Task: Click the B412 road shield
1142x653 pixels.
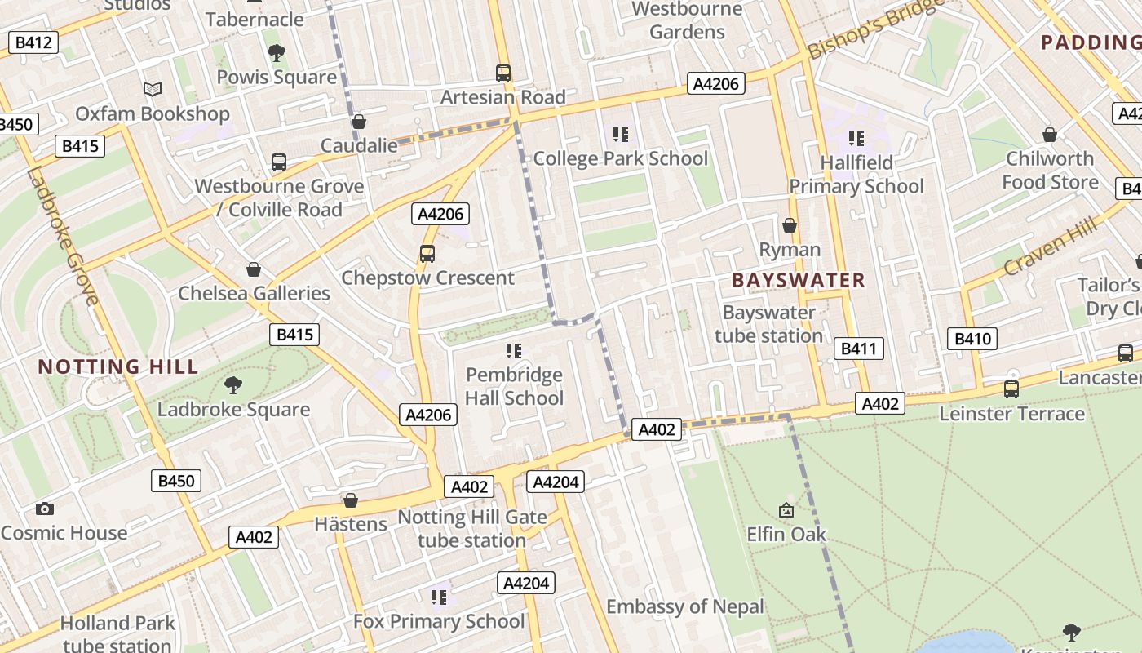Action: point(33,42)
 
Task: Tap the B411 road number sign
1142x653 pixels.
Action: point(858,349)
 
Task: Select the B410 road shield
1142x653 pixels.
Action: point(972,338)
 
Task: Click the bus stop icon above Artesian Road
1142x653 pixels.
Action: point(503,73)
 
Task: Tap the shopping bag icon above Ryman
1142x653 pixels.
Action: point(789,225)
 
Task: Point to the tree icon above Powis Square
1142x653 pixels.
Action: point(277,53)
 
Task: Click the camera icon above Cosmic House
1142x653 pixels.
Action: point(45,509)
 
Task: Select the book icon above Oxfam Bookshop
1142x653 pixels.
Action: point(153,89)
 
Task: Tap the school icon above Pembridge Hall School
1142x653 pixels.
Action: point(513,351)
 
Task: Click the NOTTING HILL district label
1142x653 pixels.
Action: point(118,366)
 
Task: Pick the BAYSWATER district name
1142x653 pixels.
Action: point(798,280)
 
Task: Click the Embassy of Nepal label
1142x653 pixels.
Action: point(685,606)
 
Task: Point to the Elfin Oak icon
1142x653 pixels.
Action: point(786,510)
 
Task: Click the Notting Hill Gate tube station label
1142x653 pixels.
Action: point(471,528)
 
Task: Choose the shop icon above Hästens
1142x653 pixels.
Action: point(351,500)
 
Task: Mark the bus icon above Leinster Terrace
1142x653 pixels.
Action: point(1011,389)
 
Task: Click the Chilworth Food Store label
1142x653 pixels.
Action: point(1050,170)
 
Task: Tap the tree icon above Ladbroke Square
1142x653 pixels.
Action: point(233,384)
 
